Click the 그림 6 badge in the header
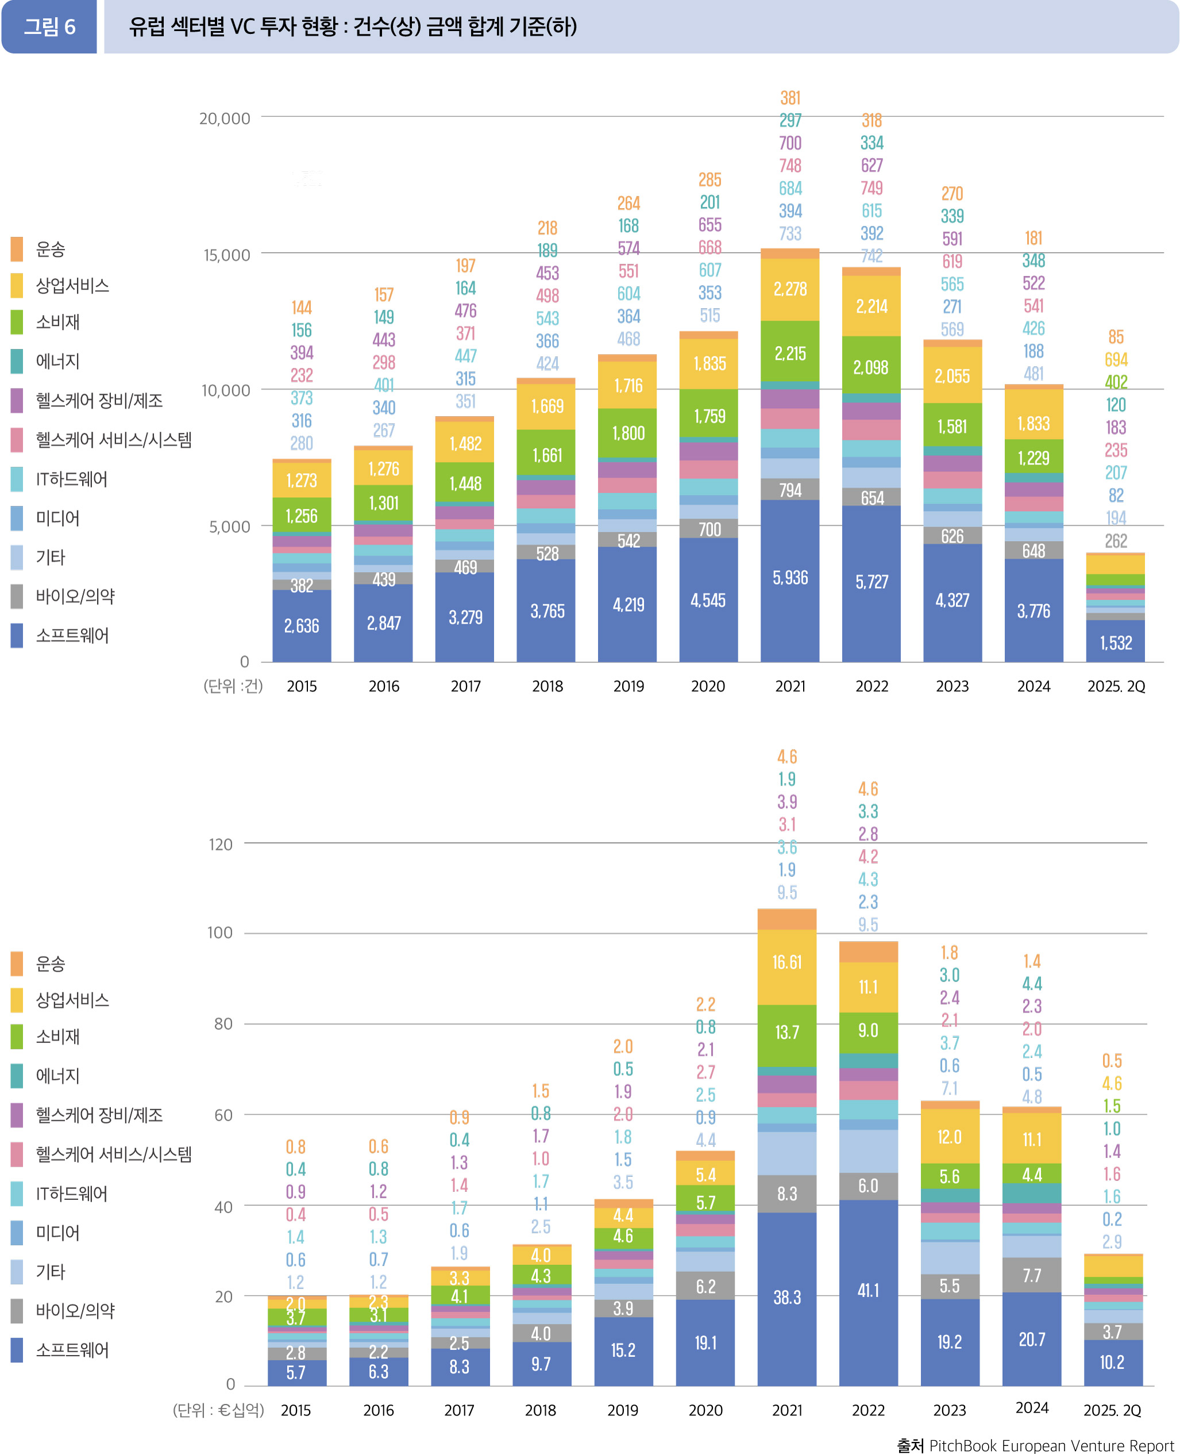point(49,27)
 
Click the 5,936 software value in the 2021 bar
point(790,577)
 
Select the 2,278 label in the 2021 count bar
point(790,289)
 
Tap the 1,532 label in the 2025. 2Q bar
point(1116,643)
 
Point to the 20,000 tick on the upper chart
point(224,118)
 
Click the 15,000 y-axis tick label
point(226,255)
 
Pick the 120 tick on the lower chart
point(220,844)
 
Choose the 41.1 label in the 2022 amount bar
point(868,1290)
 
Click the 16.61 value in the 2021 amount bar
point(786,962)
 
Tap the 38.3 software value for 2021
point(786,1297)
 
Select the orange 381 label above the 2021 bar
point(790,98)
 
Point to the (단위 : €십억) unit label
point(218,1410)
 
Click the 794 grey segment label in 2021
point(790,490)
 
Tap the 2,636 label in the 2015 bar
point(301,626)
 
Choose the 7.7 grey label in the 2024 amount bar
point(1031,1275)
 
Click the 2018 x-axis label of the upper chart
point(547,686)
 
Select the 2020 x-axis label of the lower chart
point(705,1410)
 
